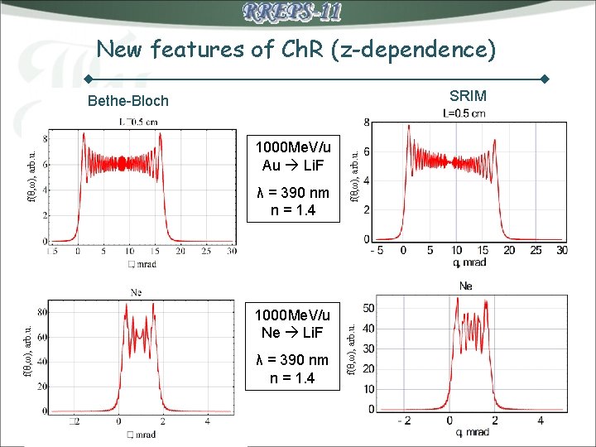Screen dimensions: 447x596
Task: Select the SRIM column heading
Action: click(x=468, y=96)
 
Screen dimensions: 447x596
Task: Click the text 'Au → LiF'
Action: click(x=293, y=164)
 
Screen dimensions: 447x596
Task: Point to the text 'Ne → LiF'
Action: click(x=293, y=332)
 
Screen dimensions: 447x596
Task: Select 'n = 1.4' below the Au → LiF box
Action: click(x=293, y=210)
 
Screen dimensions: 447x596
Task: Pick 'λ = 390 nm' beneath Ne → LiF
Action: click(x=293, y=360)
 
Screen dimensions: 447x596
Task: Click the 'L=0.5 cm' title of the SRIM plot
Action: click(x=465, y=113)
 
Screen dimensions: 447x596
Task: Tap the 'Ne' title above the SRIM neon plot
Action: click(x=465, y=286)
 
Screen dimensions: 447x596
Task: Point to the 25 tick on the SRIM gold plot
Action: click(x=536, y=250)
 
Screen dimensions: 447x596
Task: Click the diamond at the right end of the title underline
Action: click(x=545, y=79)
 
